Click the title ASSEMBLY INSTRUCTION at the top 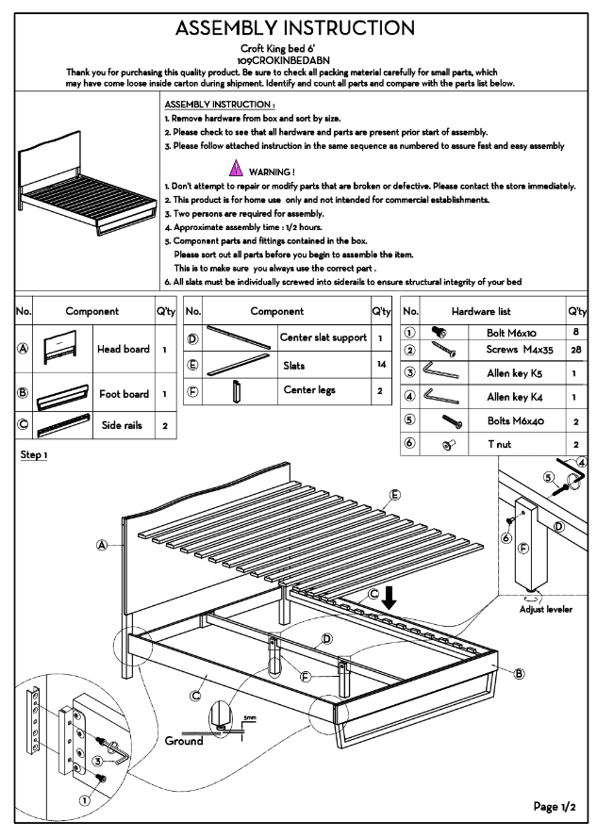click(295, 27)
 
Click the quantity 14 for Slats click(381, 364)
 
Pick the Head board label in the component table click(124, 349)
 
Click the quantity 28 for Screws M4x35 click(574, 350)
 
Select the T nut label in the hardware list click(500, 443)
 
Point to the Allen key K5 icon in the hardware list click(439, 372)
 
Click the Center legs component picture click(236, 390)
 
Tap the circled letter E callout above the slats click(394, 495)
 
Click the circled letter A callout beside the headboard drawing click(101, 544)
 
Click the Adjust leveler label click(546, 609)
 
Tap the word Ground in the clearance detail click(184, 741)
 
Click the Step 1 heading click(34, 455)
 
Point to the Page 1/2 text click(554, 806)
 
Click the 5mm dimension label click(249, 718)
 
